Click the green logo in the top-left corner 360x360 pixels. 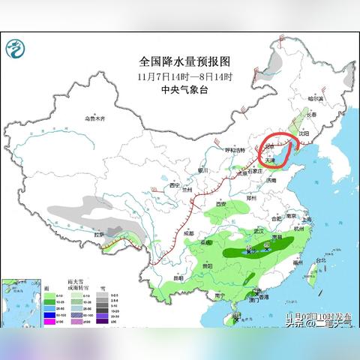[x=14, y=49]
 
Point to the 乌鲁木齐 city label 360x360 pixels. [x=95, y=118]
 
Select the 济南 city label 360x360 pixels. [x=271, y=180]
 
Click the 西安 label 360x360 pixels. [x=220, y=204]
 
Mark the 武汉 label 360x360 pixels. [x=261, y=231]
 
